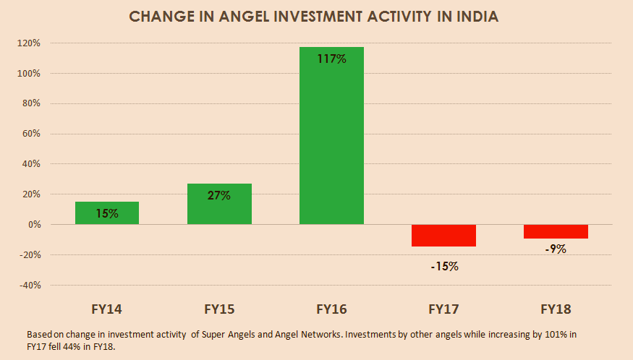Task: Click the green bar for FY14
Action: click(x=107, y=213)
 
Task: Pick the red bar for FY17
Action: click(x=443, y=236)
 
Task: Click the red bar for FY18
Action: click(x=556, y=231)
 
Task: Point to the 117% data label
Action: click(x=331, y=59)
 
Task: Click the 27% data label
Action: click(x=219, y=195)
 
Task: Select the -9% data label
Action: click(x=556, y=249)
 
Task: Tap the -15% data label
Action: click(x=444, y=266)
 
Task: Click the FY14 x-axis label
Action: click(x=107, y=309)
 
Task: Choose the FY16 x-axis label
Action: click(x=331, y=309)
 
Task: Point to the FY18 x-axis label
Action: click(x=556, y=309)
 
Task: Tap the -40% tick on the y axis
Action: click(x=29, y=286)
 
